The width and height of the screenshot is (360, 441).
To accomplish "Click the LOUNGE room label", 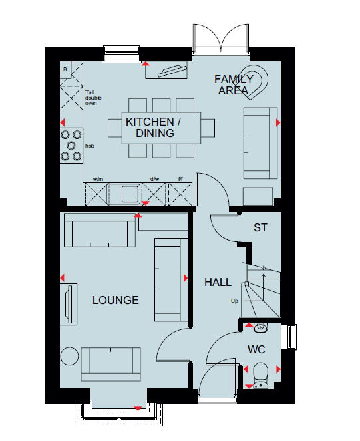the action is tap(115, 300).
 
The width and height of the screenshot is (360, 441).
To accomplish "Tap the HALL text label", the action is tap(218, 283).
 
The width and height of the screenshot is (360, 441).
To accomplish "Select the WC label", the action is tap(256, 350).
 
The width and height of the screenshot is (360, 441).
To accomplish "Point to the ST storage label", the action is tap(260, 227).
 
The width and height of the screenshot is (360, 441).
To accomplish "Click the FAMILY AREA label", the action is tap(234, 85).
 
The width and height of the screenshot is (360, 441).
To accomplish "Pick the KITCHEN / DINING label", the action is tap(154, 128).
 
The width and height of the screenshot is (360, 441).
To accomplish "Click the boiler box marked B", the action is tap(65, 69).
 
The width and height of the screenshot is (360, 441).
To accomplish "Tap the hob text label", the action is tap(90, 146).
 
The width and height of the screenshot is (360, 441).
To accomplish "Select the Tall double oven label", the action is tap(93, 98).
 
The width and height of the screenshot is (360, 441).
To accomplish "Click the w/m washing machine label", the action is tap(98, 179).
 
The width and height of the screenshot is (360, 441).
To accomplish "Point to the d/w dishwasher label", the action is tap(154, 179).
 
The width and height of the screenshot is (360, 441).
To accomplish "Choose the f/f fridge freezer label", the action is tap(180, 179).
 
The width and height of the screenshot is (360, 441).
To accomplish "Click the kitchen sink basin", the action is tap(130, 194).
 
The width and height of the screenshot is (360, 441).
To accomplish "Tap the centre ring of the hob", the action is tap(71, 146).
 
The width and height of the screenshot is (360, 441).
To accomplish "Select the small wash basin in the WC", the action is tap(261, 327).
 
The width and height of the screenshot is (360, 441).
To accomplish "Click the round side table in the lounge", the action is tap(69, 356).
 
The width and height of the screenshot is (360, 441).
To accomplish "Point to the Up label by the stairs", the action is tap(234, 301).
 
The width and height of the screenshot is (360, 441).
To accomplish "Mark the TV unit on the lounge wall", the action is tap(69, 305).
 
